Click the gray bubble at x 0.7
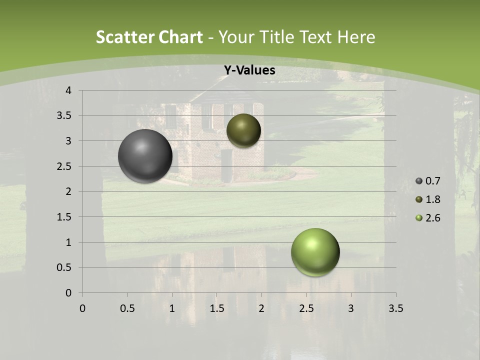(145, 156)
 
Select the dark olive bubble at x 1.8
(243, 130)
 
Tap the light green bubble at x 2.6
(315, 252)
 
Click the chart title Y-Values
(249, 70)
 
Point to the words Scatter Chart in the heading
(149, 37)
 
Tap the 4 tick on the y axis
(68, 90)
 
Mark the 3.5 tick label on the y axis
(64, 116)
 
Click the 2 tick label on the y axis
(68, 191)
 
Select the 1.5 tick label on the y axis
(64, 217)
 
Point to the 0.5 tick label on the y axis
(64, 267)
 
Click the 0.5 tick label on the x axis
(127, 308)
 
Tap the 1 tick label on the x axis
(172, 308)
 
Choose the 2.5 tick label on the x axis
(306, 308)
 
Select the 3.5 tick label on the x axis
(395, 308)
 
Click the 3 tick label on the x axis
(351, 308)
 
